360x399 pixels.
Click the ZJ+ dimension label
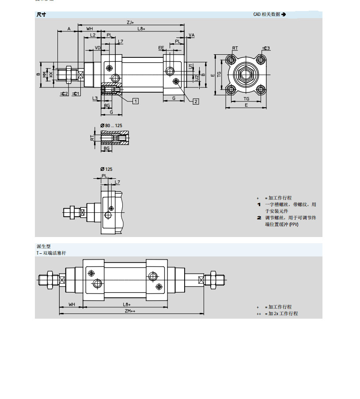130,22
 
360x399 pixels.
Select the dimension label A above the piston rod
68,29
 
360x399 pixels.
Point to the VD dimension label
98,47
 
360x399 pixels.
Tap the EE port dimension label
162,47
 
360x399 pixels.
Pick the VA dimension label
191,35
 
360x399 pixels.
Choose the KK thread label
51,74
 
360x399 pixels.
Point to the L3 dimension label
95,98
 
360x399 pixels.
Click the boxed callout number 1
136,101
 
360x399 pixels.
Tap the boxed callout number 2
196,102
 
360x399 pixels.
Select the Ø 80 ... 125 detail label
111,126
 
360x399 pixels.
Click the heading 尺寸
41,15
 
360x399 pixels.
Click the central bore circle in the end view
246,74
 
